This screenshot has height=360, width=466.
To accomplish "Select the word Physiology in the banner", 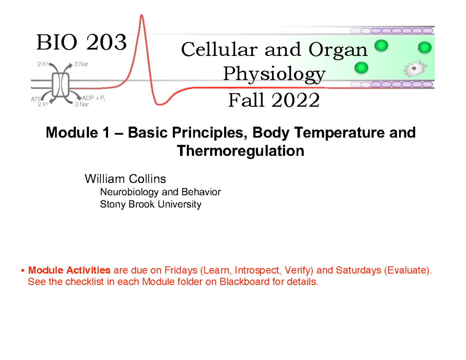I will pyautogui.click(x=274, y=74).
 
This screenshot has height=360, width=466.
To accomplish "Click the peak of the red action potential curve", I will pyautogui.click(x=142, y=16).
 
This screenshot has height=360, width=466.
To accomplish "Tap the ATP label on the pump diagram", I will pyautogui.click(x=36, y=99).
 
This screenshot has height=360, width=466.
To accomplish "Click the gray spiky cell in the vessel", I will pyautogui.click(x=414, y=69).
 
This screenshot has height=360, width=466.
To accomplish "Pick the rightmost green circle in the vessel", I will pyautogui.click(x=424, y=47).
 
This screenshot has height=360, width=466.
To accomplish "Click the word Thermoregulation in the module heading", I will pyautogui.click(x=240, y=151).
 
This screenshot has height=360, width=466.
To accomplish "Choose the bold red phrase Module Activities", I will pyautogui.click(x=70, y=270).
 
